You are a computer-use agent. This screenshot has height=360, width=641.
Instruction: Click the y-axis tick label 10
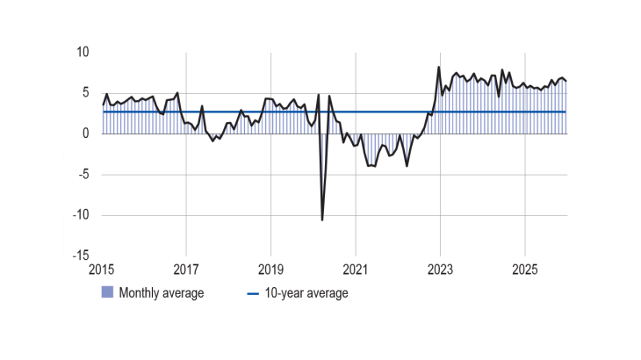click(x=83, y=53)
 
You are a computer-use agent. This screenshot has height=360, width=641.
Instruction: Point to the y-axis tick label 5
click(x=86, y=93)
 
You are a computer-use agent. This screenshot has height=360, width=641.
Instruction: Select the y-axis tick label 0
click(x=86, y=133)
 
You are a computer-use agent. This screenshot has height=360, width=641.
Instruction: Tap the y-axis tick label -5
click(x=84, y=174)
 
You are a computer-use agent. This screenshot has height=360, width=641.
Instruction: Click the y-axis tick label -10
click(x=82, y=215)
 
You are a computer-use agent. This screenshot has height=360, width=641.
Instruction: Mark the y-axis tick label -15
click(x=82, y=256)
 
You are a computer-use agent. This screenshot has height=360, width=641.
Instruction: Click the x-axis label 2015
click(x=102, y=268)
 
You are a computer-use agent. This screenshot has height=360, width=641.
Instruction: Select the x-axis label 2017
click(x=186, y=268)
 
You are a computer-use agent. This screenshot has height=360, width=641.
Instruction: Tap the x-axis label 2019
click(x=270, y=268)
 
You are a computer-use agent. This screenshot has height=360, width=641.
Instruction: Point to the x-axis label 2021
click(x=355, y=268)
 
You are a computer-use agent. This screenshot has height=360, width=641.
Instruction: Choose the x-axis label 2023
click(x=440, y=268)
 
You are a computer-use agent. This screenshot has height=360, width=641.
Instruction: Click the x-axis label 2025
click(x=524, y=268)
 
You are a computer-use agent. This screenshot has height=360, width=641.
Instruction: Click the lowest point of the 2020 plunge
click(x=322, y=220)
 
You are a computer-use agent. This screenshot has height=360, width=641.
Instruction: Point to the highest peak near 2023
click(x=439, y=67)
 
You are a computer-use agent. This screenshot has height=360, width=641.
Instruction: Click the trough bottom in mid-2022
click(x=407, y=165)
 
